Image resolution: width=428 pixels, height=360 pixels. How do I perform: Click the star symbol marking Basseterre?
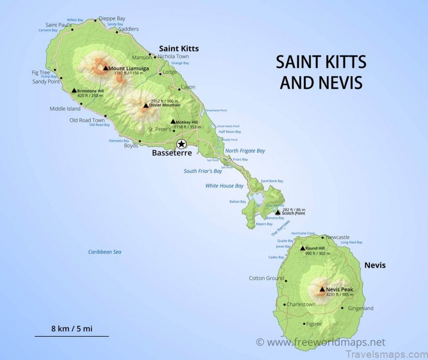click(181, 144)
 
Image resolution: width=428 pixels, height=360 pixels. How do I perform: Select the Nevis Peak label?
click(339, 289)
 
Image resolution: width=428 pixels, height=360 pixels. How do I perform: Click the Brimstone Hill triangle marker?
click(74, 91)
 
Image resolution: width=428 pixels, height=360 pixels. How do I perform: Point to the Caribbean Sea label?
click(104, 252)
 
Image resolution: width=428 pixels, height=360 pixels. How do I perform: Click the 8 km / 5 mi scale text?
click(71, 329)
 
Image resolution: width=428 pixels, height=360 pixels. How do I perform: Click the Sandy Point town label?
click(46, 81)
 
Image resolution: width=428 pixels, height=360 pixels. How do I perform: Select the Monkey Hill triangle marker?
click(173, 122)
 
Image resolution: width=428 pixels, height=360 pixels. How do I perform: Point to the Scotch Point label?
click(293, 213)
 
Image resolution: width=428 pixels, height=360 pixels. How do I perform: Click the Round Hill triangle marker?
click(302, 248)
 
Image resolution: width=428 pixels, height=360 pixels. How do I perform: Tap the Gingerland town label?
click(361, 308)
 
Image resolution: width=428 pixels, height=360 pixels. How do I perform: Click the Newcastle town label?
click(338, 237)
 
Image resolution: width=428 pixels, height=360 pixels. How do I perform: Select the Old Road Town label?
click(87, 120)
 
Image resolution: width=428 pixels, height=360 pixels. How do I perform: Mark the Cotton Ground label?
click(266, 279)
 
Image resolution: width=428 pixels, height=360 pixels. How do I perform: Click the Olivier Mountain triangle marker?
click(146, 105)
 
